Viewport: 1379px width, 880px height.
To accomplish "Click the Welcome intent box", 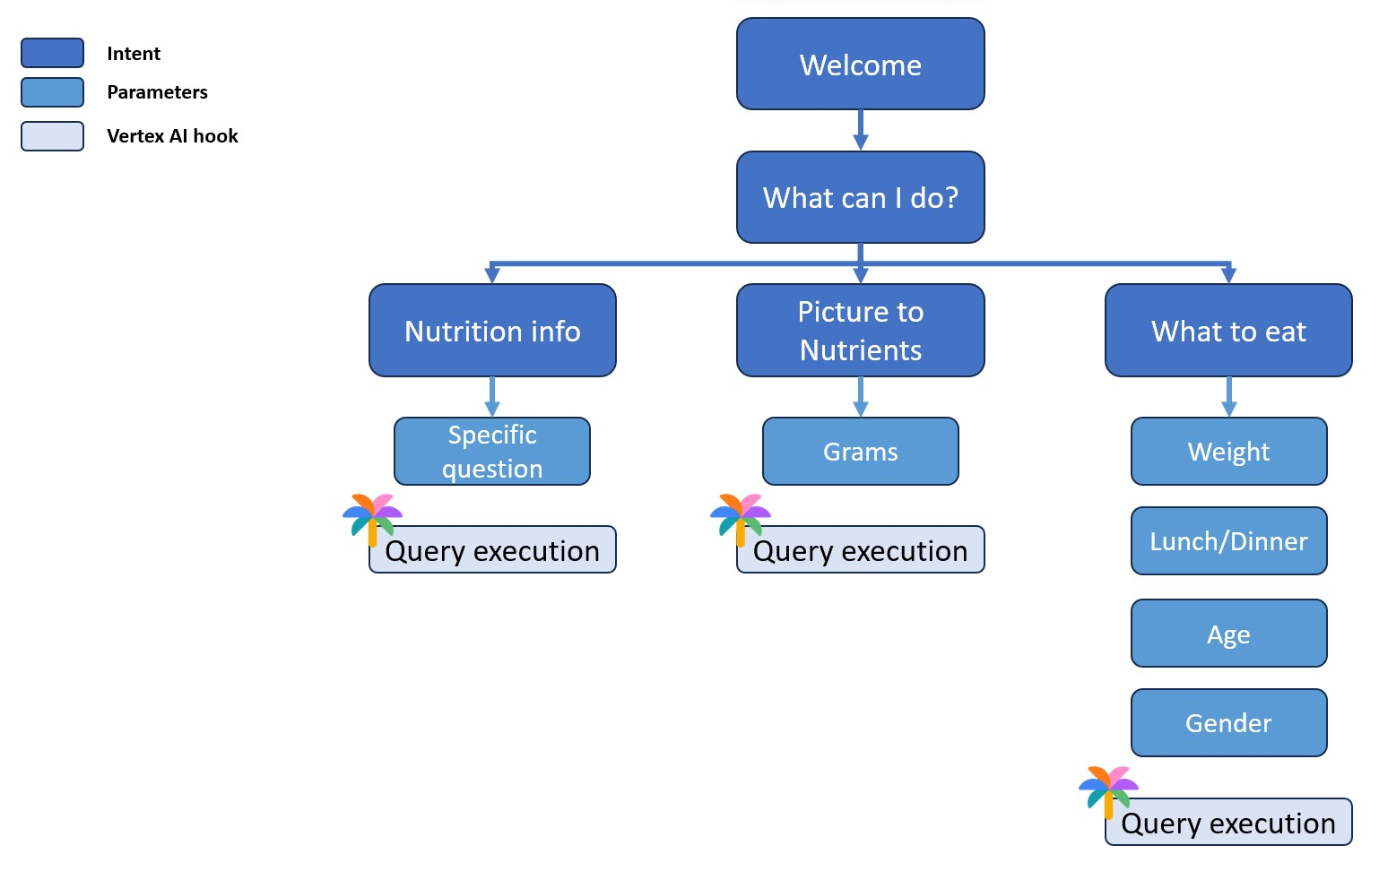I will (x=860, y=65).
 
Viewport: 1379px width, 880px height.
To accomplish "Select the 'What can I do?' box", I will (x=860, y=197).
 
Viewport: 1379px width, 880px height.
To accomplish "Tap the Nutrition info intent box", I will (x=492, y=331).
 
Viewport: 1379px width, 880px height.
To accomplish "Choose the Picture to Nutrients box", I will (x=860, y=331).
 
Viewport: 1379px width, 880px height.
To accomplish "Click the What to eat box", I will (x=1227, y=331).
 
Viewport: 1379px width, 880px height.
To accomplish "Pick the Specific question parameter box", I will (x=492, y=452).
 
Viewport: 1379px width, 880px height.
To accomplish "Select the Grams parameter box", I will (x=860, y=452).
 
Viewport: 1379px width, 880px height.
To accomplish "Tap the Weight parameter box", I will (x=1228, y=452).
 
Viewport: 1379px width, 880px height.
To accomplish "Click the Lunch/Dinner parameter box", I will (x=1228, y=541).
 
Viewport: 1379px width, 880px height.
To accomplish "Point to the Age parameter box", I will (x=1228, y=634).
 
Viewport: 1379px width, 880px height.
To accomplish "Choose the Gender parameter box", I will (x=1228, y=723).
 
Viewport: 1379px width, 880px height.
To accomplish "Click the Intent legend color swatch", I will (x=52, y=53).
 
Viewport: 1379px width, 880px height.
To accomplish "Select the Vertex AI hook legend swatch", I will (x=52, y=136).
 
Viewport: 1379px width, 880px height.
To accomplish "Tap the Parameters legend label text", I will (x=157, y=92).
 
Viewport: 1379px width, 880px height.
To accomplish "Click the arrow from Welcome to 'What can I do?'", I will (x=860, y=131).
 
